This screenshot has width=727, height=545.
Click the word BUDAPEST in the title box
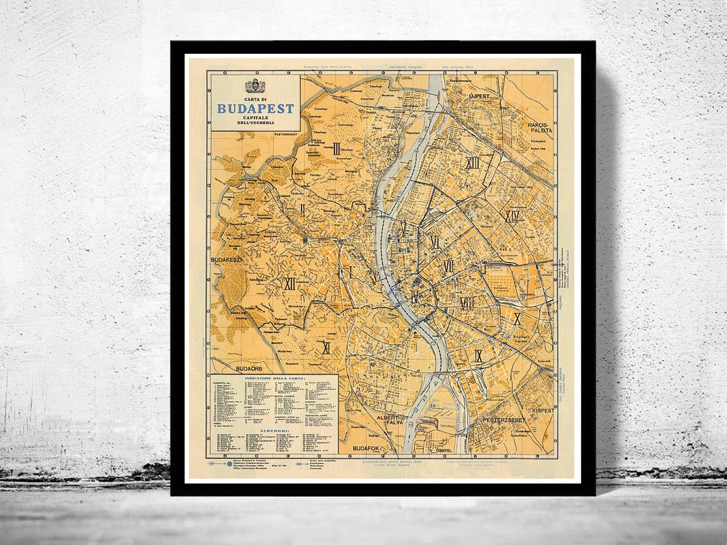pos(255,108)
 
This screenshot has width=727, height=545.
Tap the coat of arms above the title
pos(255,86)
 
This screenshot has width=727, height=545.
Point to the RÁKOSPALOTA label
pos(540,127)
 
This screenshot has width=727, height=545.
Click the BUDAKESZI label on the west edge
pos(226,258)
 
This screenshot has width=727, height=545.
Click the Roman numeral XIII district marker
pos(473,163)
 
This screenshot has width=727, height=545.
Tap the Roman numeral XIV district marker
pos(513,216)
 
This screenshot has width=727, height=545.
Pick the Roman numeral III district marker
pos(336,148)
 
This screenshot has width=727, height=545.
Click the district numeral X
pos(517,319)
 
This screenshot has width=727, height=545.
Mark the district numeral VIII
pos(466,303)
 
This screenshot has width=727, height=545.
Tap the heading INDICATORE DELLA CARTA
pos(275,379)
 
